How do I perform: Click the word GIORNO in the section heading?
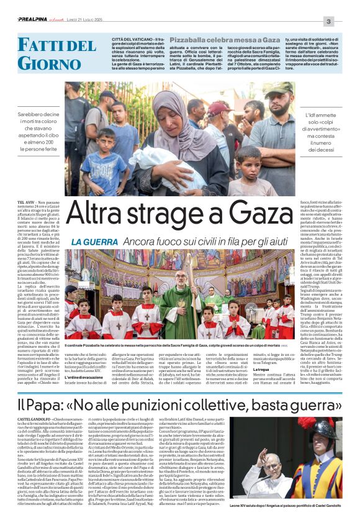[40, 63]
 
